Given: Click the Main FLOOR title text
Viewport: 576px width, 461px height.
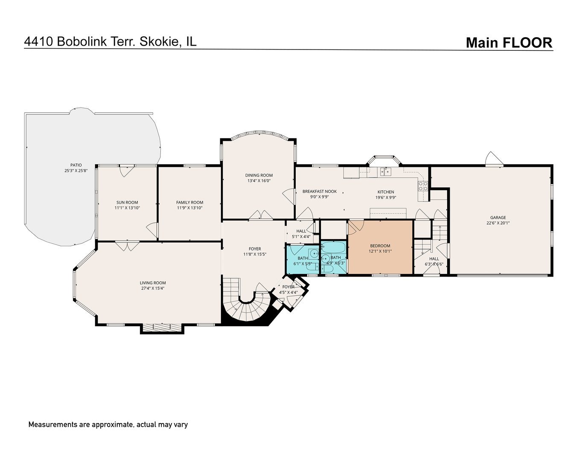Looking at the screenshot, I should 509,43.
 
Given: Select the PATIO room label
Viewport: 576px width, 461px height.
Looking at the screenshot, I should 76,165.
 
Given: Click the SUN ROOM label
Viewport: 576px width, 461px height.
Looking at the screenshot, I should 127,202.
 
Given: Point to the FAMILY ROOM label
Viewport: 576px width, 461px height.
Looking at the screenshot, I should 189,202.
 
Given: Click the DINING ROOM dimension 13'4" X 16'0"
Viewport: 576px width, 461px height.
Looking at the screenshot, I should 259,181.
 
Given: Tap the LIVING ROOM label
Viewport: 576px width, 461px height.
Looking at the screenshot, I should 153,283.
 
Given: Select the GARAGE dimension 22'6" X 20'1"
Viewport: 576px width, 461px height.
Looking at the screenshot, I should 498,223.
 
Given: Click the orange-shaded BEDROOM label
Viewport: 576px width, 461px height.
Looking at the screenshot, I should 380,246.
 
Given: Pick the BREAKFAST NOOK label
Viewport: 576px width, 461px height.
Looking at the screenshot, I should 320,192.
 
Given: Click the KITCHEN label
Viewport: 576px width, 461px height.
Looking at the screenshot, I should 385,192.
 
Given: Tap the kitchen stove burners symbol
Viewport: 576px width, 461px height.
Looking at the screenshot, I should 423,186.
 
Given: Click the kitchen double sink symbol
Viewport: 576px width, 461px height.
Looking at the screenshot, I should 386,172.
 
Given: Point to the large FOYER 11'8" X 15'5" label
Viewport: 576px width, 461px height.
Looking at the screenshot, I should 255,252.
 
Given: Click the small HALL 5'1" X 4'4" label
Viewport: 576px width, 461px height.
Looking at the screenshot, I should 301,233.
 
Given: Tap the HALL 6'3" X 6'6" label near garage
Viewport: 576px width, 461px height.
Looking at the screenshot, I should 434,261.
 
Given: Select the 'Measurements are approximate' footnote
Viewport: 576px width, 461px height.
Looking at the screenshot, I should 108,425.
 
